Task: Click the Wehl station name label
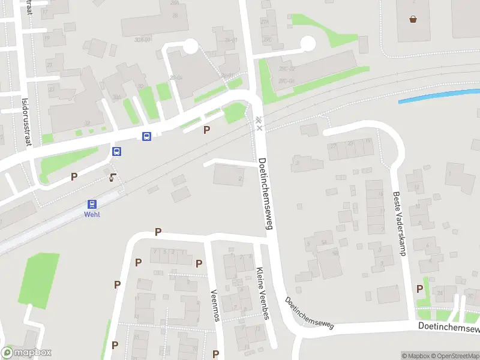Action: [x=92, y=214]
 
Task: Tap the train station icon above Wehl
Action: [x=92, y=204]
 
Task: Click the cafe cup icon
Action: [x=112, y=177]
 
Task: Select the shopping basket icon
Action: [x=413, y=19]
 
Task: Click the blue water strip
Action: [x=438, y=95]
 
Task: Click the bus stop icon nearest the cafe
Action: [x=117, y=151]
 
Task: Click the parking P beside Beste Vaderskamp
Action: [x=419, y=289]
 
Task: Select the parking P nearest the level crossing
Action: [x=207, y=130]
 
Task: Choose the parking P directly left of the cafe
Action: [x=74, y=176]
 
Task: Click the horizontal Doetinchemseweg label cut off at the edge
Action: [x=449, y=327]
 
